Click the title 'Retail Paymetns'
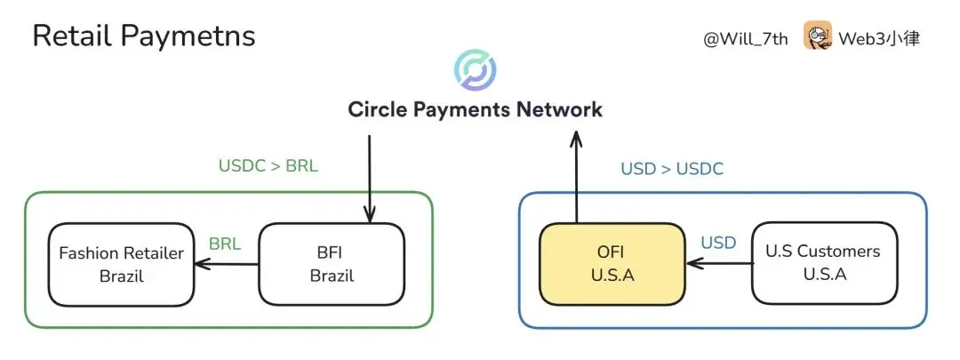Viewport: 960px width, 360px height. click(x=144, y=36)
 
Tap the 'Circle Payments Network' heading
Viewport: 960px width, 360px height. click(x=476, y=109)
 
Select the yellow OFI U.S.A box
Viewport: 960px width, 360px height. click(x=612, y=263)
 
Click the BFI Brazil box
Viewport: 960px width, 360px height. click(x=332, y=264)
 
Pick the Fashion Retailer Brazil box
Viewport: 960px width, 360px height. click(x=121, y=264)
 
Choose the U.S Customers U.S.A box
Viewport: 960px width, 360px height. click(x=824, y=262)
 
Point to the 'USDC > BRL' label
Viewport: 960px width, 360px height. click(x=268, y=165)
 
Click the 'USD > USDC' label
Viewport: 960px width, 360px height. click(x=672, y=169)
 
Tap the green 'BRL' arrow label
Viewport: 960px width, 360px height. click(x=225, y=244)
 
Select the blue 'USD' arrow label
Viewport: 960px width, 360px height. click(x=718, y=242)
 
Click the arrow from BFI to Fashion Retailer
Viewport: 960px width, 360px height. click(x=227, y=263)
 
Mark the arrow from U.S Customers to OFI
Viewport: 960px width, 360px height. click(x=719, y=263)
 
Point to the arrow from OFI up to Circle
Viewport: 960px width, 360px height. click(x=578, y=178)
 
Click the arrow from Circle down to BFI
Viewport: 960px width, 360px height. click(x=370, y=178)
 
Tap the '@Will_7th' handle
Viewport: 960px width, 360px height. click(x=745, y=39)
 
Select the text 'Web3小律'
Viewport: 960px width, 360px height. click(x=879, y=39)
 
